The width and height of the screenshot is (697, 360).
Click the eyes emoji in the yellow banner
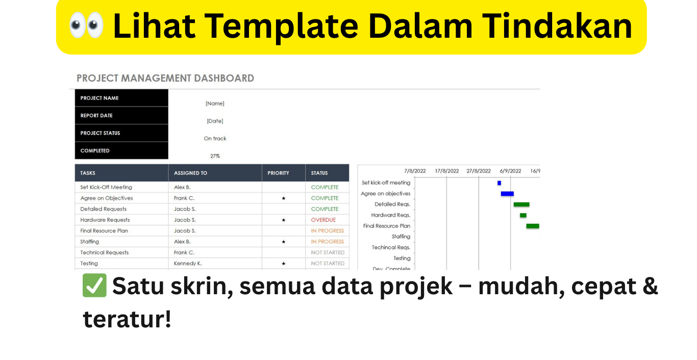pyautogui.click(x=86, y=25)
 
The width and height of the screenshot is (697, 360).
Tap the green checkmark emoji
pyautogui.click(x=94, y=286)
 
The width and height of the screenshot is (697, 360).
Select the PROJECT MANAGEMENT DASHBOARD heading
pyautogui.click(x=165, y=78)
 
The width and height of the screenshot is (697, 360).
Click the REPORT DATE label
pyautogui.click(x=96, y=116)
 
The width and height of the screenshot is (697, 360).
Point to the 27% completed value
pyautogui.click(x=215, y=156)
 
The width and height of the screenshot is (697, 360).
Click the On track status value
pyautogui.click(x=215, y=139)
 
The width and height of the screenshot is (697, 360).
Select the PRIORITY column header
pyautogui.click(x=278, y=173)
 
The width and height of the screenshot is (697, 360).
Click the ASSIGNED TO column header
pyautogui.click(x=190, y=173)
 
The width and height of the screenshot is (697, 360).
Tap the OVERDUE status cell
pyautogui.click(x=323, y=220)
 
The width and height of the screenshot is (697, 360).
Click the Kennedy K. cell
pyautogui.click(x=188, y=263)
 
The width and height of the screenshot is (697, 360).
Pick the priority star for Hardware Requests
pyautogui.click(x=283, y=220)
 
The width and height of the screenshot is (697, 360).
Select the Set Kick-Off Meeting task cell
pyautogui.click(x=106, y=187)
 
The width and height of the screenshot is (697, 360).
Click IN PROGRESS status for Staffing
pyautogui.click(x=327, y=242)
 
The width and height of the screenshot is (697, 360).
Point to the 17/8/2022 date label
pyautogui.click(x=446, y=171)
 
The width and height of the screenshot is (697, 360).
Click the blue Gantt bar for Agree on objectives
pyautogui.click(x=507, y=194)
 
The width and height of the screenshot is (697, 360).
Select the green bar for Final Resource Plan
pyautogui.click(x=532, y=226)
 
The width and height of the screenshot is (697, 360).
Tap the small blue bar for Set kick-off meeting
pyautogui.click(x=499, y=183)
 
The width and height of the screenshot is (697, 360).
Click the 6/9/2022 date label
pyautogui.click(x=510, y=171)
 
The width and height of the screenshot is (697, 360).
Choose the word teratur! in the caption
pyautogui.click(x=127, y=319)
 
